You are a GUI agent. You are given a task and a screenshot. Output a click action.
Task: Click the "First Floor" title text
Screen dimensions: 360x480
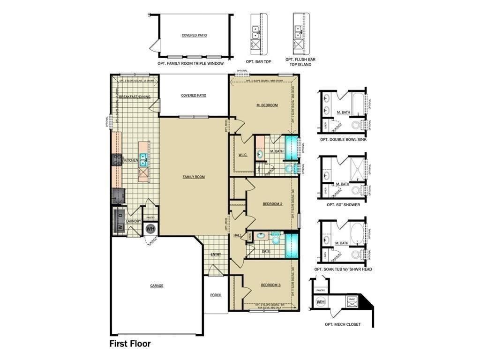(130, 344)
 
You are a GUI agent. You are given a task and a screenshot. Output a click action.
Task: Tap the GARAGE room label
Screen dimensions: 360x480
(157, 285)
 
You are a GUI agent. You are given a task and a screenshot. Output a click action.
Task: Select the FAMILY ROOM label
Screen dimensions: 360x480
(194, 177)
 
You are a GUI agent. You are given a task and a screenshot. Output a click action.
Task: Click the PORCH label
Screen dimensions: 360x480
(216, 295)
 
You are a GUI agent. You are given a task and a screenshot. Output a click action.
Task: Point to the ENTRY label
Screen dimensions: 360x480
(216, 255)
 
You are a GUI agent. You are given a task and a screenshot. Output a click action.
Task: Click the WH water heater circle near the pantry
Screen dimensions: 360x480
(150, 229)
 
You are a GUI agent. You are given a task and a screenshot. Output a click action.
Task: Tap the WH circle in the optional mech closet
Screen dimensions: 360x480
(321, 302)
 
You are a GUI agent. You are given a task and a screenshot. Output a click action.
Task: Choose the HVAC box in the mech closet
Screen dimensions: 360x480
(353, 301)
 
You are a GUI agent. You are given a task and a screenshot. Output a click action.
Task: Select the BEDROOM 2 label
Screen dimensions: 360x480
(272, 204)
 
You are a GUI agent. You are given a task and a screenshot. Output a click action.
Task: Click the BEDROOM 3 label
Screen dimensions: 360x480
(270, 285)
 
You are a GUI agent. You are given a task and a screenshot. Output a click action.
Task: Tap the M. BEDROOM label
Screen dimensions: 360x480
(267, 105)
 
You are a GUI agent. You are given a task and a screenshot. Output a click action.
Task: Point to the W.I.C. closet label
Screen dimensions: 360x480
(242, 155)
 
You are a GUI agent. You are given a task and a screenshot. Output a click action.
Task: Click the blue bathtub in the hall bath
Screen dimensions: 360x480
(292, 245)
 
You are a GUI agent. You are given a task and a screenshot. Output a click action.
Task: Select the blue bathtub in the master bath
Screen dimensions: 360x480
(292, 149)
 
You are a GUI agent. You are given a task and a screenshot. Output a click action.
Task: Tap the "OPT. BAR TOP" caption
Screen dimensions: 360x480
(258, 61)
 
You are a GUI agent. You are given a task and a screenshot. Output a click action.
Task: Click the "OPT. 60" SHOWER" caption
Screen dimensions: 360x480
(343, 204)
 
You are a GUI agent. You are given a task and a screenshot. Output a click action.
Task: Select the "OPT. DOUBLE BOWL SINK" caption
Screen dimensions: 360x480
(343, 140)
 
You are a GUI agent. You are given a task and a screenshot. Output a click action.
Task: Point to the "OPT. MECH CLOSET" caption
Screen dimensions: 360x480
(343, 324)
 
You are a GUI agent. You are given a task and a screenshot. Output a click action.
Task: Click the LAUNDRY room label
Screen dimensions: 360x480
(134, 221)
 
